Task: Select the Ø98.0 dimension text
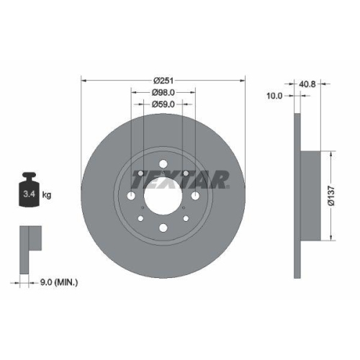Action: [163, 92]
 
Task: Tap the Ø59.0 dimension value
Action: [163, 104]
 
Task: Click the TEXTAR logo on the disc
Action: [182, 178]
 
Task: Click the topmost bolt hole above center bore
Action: [163, 162]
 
